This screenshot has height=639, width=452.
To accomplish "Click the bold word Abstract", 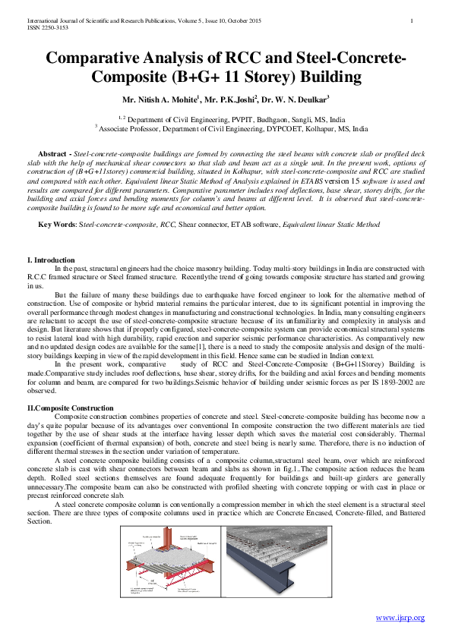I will point(53,154).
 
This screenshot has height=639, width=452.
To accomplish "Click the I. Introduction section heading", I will point(51,260).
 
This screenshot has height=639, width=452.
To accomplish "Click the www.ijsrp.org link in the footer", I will point(400,619).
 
